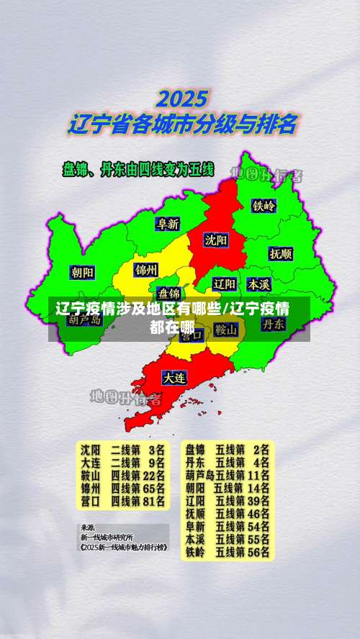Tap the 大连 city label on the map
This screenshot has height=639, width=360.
[174, 377]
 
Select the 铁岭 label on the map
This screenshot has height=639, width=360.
[264, 206]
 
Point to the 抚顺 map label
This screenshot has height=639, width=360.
[281, 253]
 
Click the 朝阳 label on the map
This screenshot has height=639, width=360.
[82, 272]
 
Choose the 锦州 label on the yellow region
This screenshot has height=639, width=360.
[146, 270]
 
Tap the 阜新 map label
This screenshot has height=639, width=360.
[168, 224]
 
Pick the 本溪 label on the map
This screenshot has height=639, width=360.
[258, 284]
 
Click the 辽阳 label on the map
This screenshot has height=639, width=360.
[225, 284]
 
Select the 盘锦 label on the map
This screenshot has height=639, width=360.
[170, 293]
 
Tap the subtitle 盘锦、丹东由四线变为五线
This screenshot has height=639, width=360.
[138, 171]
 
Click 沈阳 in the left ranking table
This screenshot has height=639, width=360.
[91, 448]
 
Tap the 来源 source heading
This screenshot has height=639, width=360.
[87, 527]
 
